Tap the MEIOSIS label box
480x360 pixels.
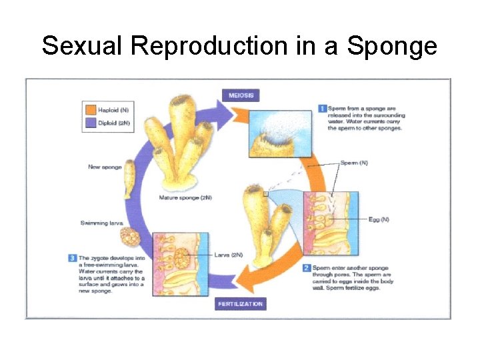tap(241, 95)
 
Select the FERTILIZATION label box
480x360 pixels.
tap(241, 304)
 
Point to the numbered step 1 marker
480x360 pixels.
tap(321, 109)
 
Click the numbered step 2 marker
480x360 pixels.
tap(307, 268)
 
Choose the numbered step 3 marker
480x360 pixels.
tap(72, 258)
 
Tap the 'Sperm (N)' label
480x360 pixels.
tap(353, 163)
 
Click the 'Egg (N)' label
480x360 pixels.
tap(379, 219)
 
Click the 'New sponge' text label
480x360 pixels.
tap(105, 167)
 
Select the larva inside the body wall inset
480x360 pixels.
tap(183, 258)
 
